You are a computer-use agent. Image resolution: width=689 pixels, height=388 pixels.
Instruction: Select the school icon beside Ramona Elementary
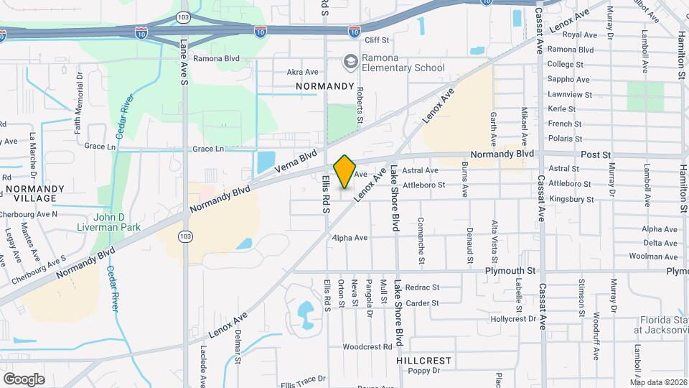351,62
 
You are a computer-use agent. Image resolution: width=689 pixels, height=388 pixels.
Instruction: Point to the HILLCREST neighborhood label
424,359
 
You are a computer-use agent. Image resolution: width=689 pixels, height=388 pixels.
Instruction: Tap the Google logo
24,379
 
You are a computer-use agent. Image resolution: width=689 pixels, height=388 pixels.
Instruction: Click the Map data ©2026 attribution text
657,382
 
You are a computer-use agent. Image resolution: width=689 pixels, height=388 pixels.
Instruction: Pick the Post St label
595,154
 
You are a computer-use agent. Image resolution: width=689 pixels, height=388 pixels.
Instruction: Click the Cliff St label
375,40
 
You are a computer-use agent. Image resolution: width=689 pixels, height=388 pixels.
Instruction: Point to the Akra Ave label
302,72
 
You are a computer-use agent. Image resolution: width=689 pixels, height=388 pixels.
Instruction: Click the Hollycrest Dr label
513,318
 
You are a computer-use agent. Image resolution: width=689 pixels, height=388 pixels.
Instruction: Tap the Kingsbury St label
571,199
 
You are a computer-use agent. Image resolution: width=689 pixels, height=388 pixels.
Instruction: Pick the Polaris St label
565,138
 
